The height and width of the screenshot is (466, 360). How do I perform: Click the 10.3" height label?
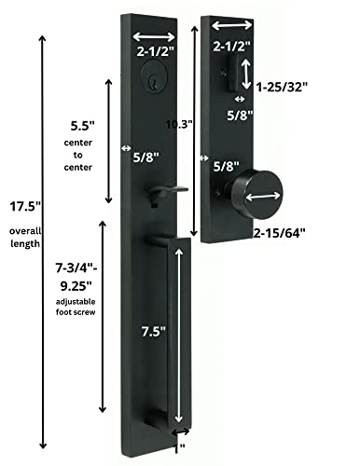191,122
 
